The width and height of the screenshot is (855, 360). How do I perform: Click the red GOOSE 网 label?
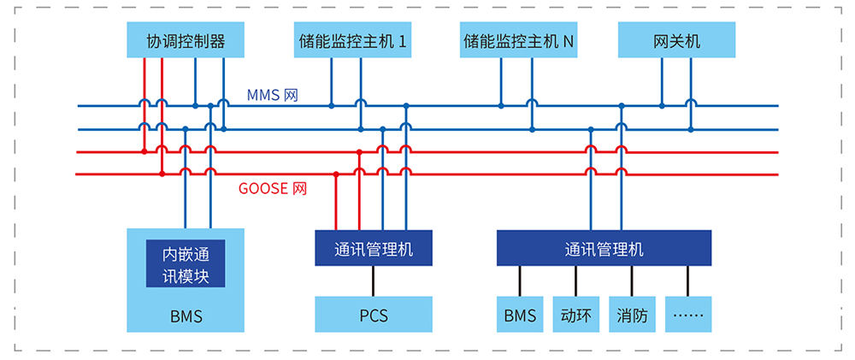click(272, 189)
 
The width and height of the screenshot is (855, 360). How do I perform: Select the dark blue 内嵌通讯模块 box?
click(186, 264)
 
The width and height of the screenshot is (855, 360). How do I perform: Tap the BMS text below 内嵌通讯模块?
click(186, 316)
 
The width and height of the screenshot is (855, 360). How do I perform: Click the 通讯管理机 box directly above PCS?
click(373, 249)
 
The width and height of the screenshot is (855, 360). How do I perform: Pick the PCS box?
click(373, 315)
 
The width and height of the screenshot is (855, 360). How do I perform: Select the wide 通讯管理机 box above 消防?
click(604, 249)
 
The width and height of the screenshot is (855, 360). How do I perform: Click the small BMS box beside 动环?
click(519, 315)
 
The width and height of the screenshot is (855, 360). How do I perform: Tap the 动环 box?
click(575, 315)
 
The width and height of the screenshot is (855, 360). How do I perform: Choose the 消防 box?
click(632, 315)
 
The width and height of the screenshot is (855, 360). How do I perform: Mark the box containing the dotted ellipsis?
click(687, 315)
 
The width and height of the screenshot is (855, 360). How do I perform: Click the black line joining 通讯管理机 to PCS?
click(373, 280)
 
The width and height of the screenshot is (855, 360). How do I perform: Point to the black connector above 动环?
click(575, 280)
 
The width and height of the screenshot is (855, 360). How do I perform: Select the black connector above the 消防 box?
click(632, 280)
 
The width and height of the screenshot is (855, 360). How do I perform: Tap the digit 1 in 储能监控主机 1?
click(402, 41)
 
